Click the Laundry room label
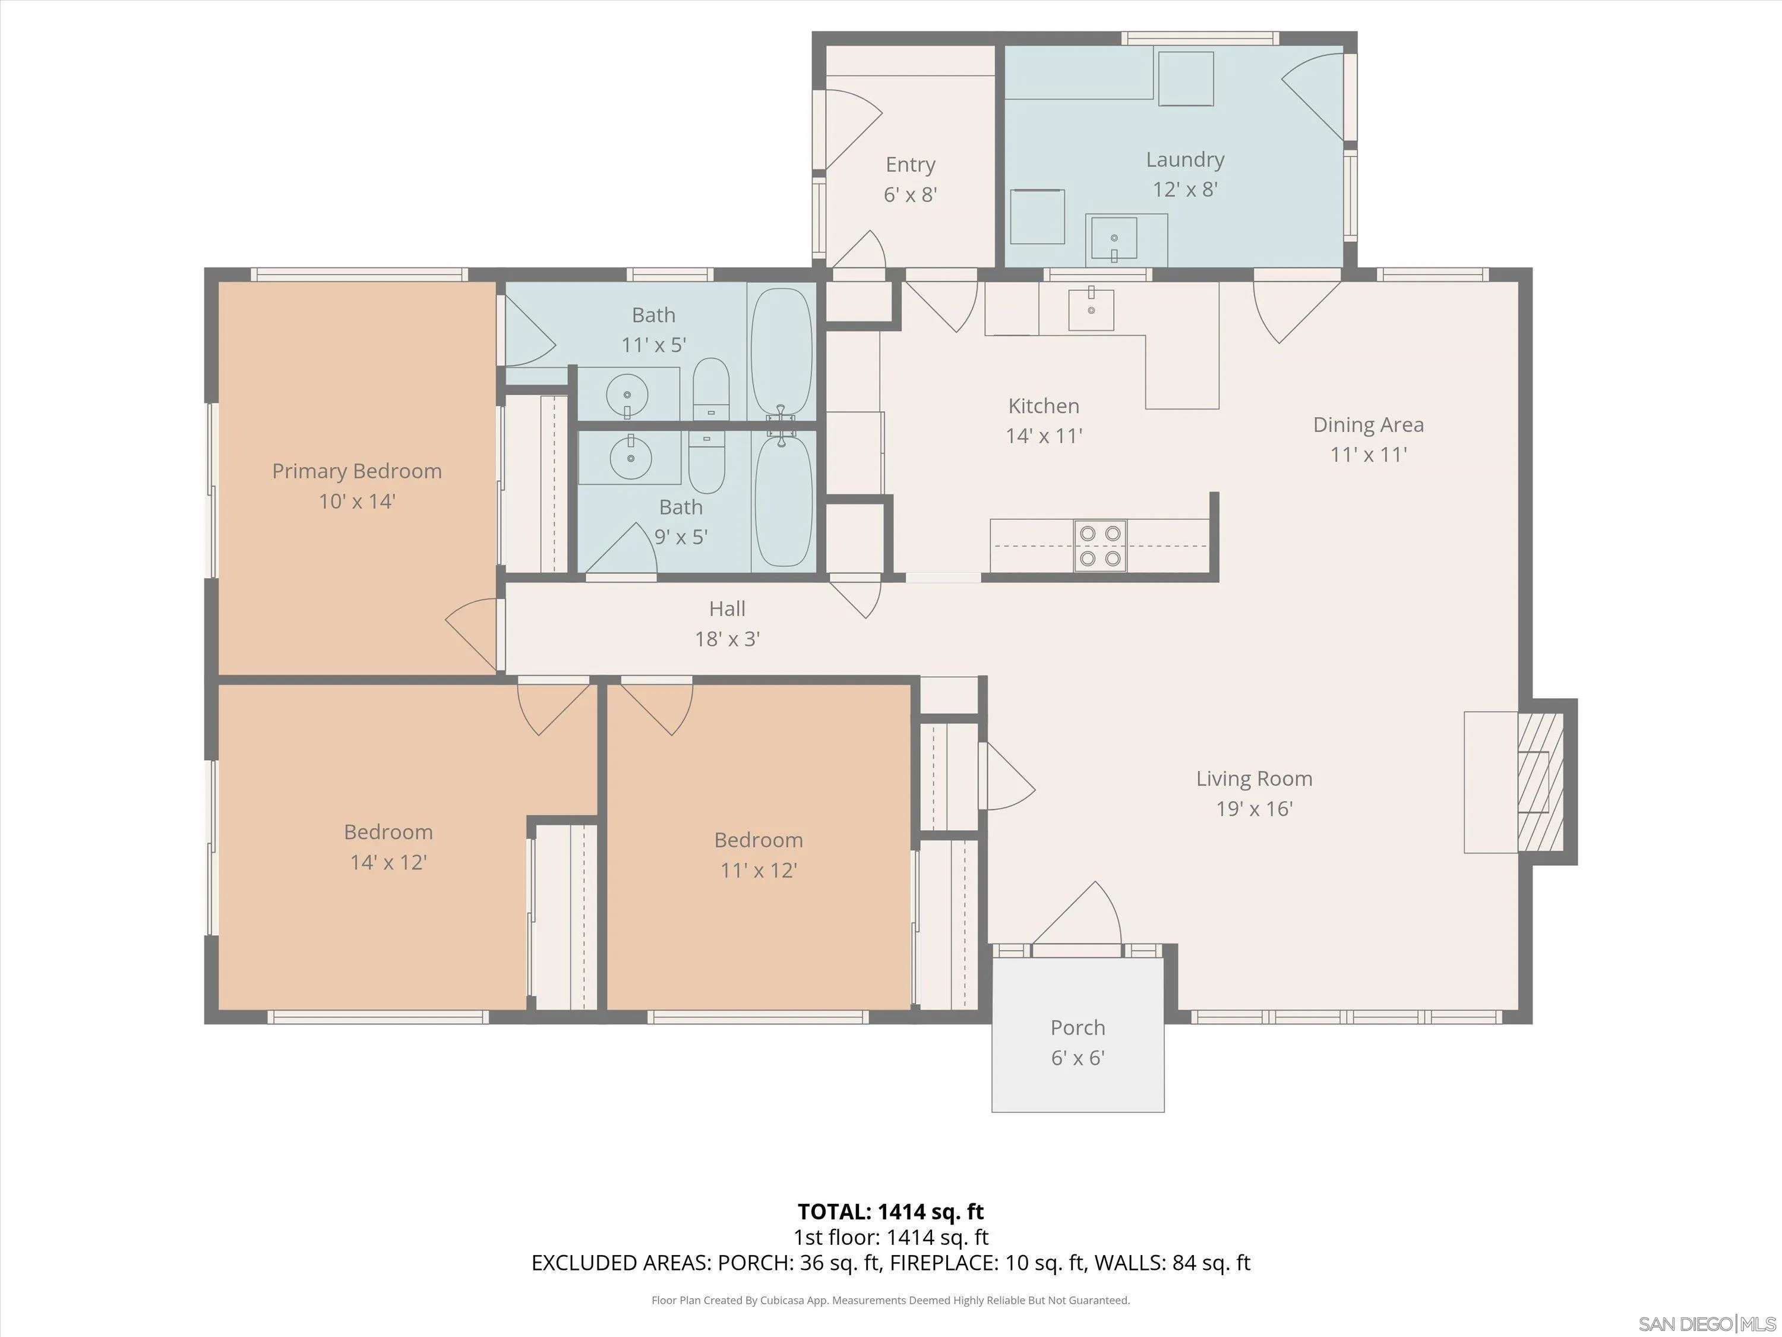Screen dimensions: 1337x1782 [1184, 160]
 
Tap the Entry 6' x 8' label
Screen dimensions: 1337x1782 [911, 179]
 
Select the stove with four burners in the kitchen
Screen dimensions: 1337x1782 [1099, 545]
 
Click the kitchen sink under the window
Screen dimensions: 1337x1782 [1091, 310]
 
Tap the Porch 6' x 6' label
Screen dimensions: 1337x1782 [1077, 1042]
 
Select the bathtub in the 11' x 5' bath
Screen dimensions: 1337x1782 [781, 351]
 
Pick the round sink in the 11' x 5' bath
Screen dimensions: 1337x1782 [628, 394]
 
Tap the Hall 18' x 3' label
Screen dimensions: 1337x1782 [726, 623]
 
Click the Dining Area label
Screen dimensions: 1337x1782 [1367, 425]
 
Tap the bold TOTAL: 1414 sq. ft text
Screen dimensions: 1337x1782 [890, 1211]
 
